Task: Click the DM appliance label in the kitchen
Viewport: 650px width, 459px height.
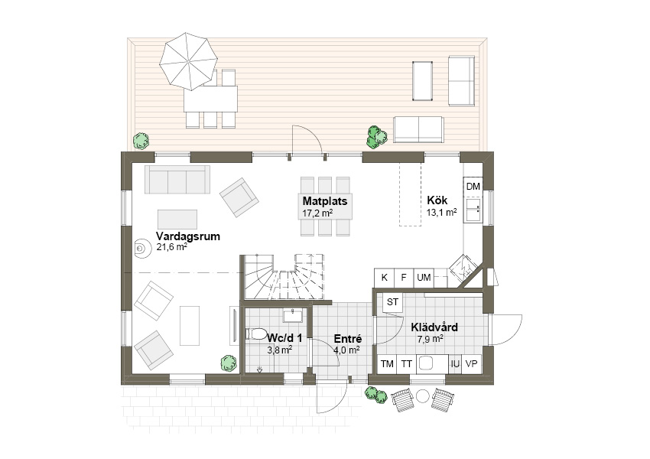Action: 473,187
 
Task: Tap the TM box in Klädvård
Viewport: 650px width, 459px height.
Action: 387,364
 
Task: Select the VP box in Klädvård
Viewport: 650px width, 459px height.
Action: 472,364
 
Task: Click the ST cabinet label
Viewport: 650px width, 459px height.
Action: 392,302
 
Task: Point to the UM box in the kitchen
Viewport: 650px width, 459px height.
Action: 424,278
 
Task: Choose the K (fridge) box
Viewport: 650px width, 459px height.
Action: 385,278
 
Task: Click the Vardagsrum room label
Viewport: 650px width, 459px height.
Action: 188,236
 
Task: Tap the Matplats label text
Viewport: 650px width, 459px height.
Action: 325,201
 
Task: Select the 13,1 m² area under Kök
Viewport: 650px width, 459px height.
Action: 441,213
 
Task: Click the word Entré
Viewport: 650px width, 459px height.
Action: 348,339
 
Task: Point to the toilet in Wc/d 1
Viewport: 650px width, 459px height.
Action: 255,334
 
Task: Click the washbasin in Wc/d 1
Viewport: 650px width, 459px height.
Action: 294,315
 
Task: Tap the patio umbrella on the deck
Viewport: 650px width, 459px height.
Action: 189,61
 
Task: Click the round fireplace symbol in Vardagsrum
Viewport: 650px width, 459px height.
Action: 141,249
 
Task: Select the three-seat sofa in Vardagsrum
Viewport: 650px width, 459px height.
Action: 177,179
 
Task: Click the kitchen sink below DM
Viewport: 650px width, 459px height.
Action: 473,210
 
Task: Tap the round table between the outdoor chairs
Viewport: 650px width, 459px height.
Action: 422,397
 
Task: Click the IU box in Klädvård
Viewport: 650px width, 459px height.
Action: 455,364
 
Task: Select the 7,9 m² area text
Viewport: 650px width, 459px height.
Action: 431,339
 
